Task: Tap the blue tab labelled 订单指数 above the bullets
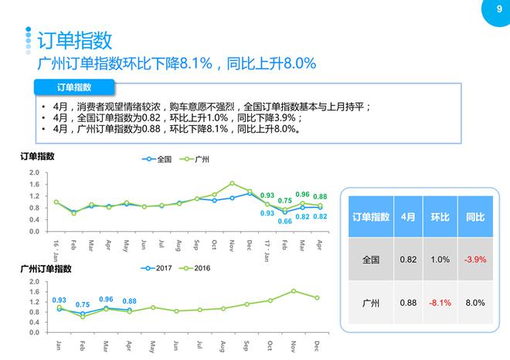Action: coord(74,87)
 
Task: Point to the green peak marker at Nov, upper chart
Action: coord(232,184)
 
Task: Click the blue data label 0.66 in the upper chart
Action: coord(284,222)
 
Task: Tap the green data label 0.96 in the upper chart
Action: coord(303,195)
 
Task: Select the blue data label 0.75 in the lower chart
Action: coord(83,304)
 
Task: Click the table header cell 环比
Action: coord(440,218)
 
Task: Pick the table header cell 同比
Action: coord(474,218)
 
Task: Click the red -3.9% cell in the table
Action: coord(474,260)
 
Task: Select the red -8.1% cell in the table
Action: coord(440,302)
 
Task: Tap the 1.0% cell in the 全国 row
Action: coord(440,260)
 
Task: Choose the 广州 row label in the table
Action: coord(370,302)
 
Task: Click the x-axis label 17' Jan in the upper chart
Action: coord(267,247)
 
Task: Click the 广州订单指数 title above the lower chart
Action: coord(46,269)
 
